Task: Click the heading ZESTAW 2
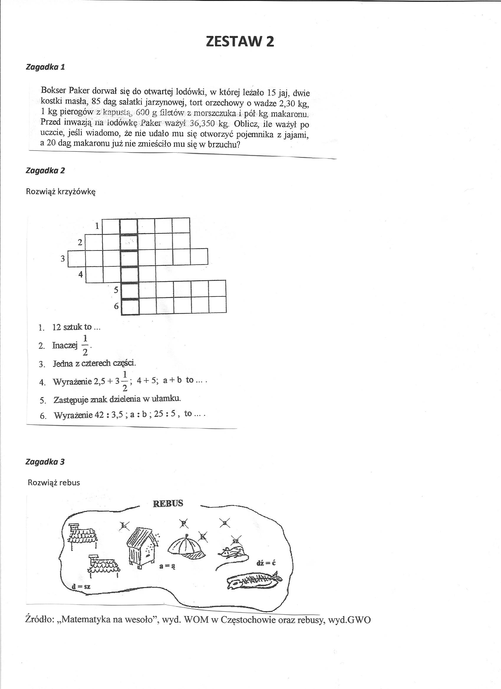(240, 42)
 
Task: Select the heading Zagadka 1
(45, 67)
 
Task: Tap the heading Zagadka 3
(45, 462)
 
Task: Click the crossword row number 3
(63, 258)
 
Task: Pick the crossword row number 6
(116, 306)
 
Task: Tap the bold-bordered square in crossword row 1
(129, 226)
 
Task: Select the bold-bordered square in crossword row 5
(130, 290)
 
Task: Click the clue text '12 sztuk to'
(72, 327)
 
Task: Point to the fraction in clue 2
(85, 345)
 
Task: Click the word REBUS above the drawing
(168, 504)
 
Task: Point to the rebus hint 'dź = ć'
(266, 563)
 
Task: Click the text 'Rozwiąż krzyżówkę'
(61, 192)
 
